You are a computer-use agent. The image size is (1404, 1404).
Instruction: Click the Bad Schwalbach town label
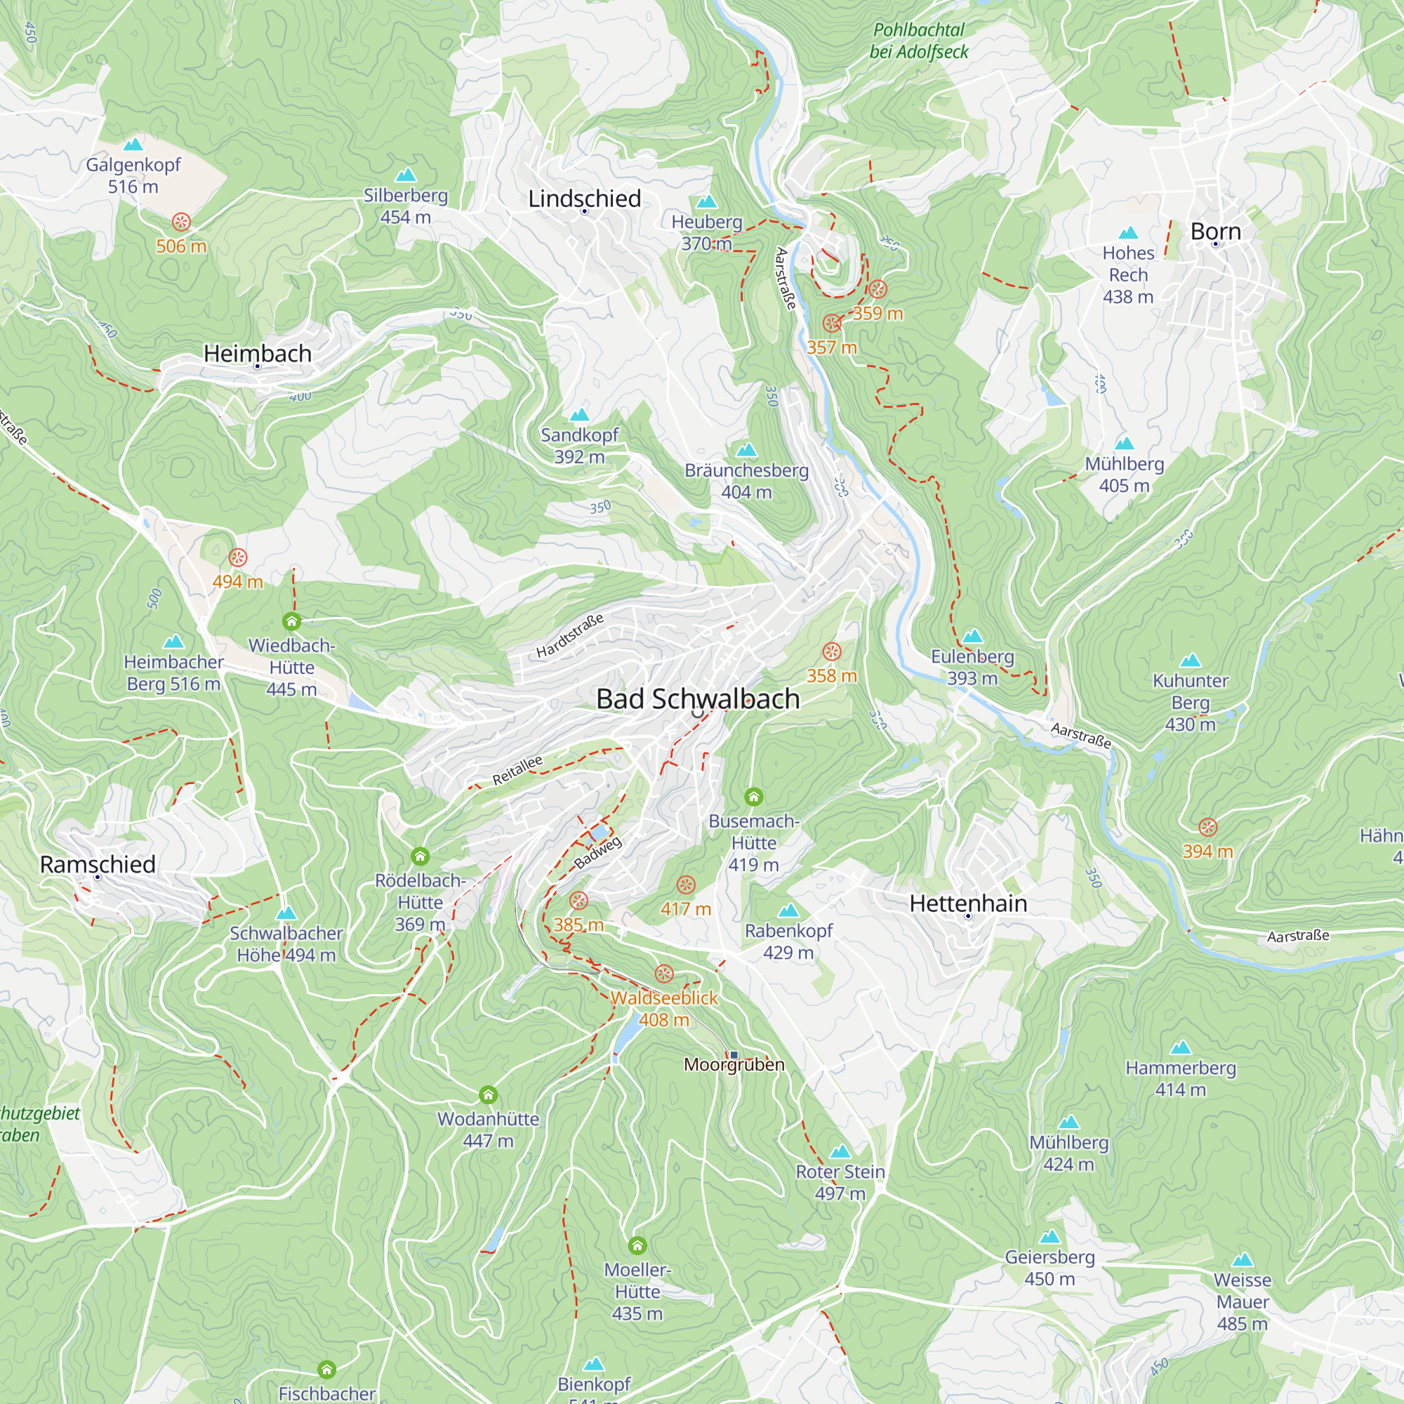(x=698, y=698)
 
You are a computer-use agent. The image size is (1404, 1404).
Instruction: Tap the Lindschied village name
(x=584, y=199)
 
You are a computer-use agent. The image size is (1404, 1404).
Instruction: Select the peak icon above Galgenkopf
(x=133, y=145)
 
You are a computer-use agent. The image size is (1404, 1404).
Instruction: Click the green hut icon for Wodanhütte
(x=489, y=1094)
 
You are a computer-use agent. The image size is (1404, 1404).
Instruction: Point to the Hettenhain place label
(x=968, y=903)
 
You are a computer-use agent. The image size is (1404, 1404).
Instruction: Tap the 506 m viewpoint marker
(x=181, y=222)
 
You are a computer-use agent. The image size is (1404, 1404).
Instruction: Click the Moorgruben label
(x=734, y=1065)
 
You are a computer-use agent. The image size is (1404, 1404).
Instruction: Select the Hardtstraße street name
(x=570, y=636)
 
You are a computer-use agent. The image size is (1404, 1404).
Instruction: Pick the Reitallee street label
(x=517, y=770)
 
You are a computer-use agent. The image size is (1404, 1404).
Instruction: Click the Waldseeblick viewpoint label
(x=663, y=998)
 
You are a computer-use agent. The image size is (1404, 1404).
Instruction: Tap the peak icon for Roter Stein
(x=840, y=1151)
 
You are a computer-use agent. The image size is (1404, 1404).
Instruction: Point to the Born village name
(x=1215, y=232)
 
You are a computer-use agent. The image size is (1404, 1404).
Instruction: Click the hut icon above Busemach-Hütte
(x=753, y=797)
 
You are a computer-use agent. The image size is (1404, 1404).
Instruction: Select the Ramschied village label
(x=98, y=864)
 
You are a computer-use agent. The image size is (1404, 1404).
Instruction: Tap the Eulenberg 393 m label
(x=972, y=667)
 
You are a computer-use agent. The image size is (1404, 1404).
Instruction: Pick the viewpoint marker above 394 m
(x=1207, y=827)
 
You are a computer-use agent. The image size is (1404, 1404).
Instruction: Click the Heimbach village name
(x=257, y=353)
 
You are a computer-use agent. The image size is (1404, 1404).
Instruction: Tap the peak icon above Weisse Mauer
(x=1243, y=1259)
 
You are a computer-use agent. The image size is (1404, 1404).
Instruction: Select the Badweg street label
(x=598, y=852)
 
